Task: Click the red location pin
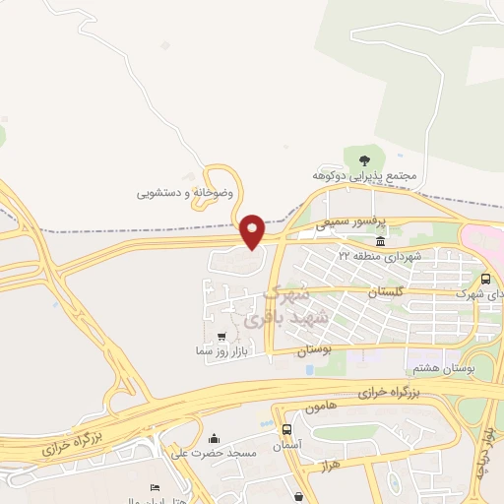(252, 230)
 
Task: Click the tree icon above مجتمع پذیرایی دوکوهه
(365, 158)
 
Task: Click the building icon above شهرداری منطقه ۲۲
(380, 241)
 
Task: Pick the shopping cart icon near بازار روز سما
(233, 337)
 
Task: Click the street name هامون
(321, 406)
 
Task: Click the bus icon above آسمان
(286, 429)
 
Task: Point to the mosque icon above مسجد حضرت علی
(215, 438)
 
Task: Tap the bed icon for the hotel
(155, 488)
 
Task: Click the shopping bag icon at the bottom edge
(298, 495)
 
